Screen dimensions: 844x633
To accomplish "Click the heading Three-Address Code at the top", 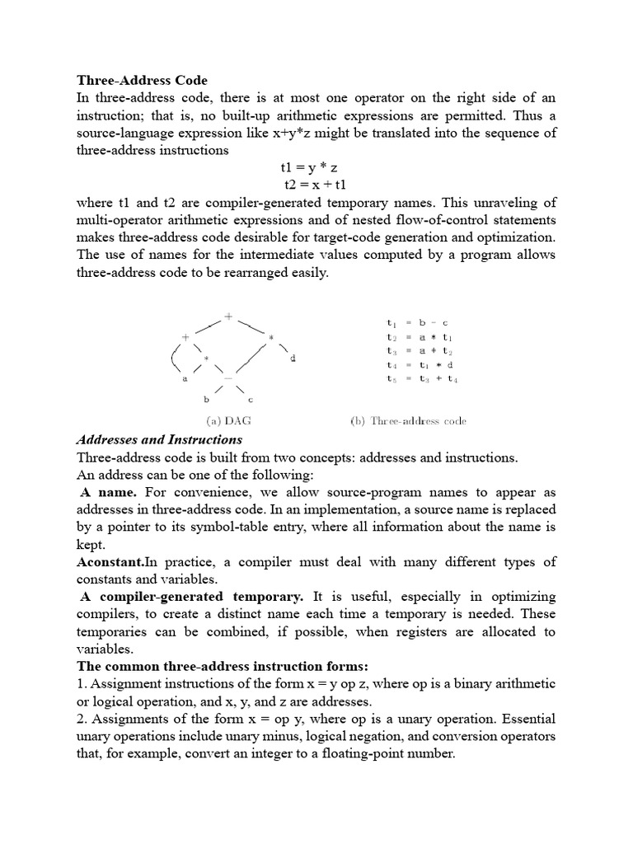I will tap(143, 81).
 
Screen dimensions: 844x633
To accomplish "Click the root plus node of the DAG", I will tap(228, 315).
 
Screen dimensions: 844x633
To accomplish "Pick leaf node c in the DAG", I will tap(250, 399).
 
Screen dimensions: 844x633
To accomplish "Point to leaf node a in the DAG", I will tap(184, 379).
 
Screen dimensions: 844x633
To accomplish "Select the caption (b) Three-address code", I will tap(408, 421).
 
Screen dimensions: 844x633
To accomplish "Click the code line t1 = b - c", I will tap(416, 323).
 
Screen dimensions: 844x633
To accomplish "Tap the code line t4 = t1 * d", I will tap(416, 365).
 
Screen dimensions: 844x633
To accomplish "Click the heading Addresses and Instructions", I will tap(160, 439).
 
